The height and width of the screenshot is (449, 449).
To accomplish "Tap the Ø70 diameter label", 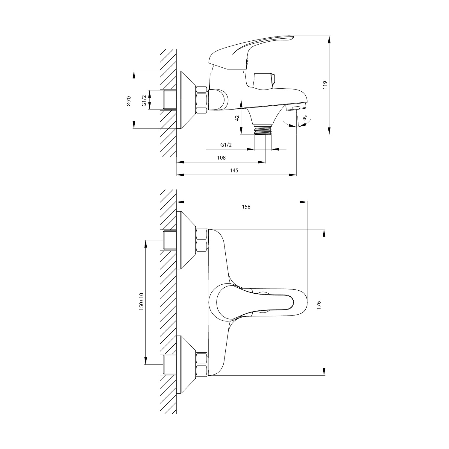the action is click(x=128, y=101).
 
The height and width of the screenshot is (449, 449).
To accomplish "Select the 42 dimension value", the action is click(x=237, y=118).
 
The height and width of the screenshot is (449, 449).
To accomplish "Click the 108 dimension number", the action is click(x=221, y=158).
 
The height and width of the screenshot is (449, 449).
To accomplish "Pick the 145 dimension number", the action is click(x=234, y=170).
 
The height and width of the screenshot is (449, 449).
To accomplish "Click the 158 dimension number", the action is click(x=246, y=207).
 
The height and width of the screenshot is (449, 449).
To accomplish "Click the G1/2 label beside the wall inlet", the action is click(x=144, y=100).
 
